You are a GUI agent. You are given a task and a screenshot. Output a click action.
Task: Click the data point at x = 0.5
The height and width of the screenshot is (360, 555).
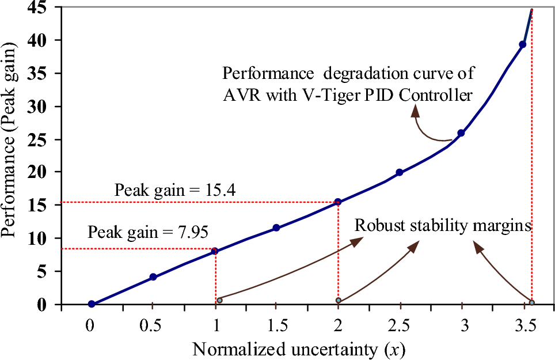(153, 277)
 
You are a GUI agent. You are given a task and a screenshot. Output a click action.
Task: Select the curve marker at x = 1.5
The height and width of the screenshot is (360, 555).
(276, 228)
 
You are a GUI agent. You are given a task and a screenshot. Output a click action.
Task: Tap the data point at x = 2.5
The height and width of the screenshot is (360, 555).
(400, 172)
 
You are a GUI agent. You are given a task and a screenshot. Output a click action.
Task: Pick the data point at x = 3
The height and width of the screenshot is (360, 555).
(461, 133)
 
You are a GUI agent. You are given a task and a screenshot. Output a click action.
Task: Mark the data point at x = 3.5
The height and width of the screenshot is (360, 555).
(523, 44)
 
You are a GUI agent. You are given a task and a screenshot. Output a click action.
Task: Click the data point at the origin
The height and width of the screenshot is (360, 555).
(92, 304)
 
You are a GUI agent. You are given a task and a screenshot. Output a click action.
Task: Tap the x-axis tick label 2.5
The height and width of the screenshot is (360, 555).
(399, 325)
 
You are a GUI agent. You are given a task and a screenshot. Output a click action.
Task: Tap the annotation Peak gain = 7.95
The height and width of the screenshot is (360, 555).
(148, 233)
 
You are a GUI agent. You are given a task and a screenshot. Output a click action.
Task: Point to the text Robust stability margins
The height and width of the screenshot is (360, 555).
(442, 225)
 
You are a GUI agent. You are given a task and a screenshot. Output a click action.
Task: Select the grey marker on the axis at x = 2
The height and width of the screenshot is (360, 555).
(339, 301)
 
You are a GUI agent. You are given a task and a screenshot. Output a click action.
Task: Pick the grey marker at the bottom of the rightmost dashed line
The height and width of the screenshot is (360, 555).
(531, 302)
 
